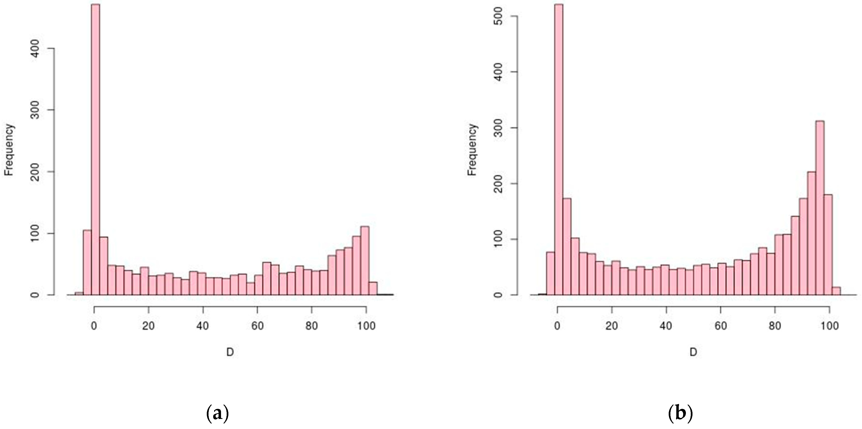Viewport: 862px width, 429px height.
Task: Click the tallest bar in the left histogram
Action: (95, 151)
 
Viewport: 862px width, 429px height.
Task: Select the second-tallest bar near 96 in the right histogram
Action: (820, 208)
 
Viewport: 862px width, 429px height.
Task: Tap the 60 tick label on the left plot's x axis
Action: (257, 317)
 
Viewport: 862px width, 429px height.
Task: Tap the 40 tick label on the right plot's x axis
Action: (666, 317)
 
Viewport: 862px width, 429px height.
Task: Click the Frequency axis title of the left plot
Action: (9, 150)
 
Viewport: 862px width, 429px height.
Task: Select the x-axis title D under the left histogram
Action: (230, 352)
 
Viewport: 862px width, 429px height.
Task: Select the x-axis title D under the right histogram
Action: (693, 352)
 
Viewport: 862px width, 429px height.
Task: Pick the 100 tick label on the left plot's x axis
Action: (366, 317)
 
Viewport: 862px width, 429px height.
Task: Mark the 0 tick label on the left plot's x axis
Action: (94, 317)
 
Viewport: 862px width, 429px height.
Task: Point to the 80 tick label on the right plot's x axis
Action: (775, 317)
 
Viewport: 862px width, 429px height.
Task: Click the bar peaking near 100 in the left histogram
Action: (365, 261)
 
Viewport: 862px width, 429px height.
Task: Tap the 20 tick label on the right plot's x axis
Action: (612, 317)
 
